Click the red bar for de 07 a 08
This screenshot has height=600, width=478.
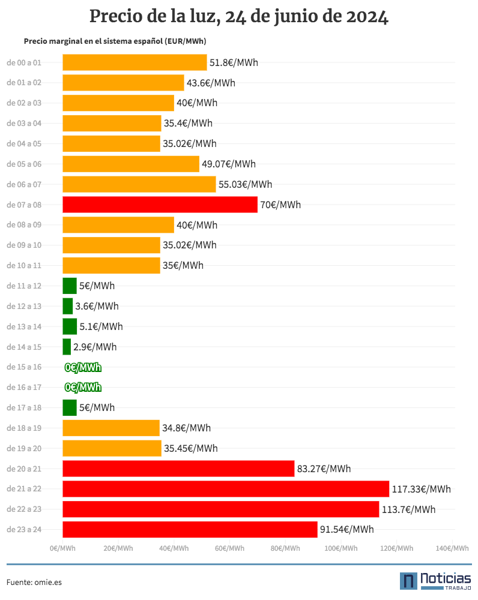(160, 205)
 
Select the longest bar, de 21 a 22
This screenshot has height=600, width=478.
(226, 488)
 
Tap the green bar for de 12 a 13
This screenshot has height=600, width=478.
(68, 306)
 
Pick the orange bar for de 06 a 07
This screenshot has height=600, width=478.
(139, 184)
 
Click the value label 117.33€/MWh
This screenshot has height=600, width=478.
(422, 489)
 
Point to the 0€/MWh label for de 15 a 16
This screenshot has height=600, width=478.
(83, 367)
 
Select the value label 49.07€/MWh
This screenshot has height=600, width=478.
(229, 164)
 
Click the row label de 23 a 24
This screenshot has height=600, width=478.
(24, 530)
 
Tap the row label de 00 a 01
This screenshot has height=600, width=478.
(24, 63)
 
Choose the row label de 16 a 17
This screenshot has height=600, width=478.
(24, 387)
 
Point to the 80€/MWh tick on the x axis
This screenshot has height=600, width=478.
(285, 548)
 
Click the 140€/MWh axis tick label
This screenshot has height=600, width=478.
(452, 548)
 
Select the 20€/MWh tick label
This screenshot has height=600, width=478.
(118, 548)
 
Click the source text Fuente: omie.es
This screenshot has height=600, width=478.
(34, 583)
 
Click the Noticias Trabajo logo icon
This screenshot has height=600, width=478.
(408, 581)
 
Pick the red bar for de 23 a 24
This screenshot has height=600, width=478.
(190, 529)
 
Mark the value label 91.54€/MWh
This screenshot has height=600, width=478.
(347, 530)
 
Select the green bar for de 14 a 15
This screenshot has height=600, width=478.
(67, 347)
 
